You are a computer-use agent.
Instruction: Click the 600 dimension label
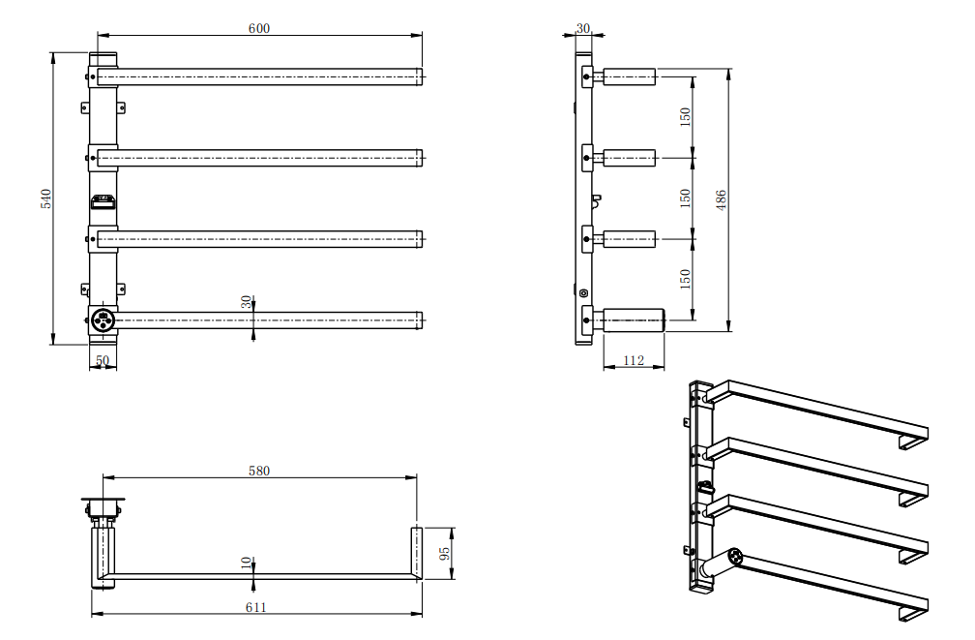click(258, 28)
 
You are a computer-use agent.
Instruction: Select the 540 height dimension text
click(44, 198)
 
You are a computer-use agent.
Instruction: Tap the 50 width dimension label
click(103, 360)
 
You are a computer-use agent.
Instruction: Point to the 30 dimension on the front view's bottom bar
click(246, 303)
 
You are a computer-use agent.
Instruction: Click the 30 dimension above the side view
click(582, 28)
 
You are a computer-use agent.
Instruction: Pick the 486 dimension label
click(721, 198)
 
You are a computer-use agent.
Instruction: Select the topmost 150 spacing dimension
click(685, 117)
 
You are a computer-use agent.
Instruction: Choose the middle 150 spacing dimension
click(685, 198)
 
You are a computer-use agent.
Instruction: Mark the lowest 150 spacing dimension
click(685, 279)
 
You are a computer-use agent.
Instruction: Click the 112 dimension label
click(634, 360)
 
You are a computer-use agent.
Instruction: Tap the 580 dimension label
click(258, 471)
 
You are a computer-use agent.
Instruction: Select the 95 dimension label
click(445, 554)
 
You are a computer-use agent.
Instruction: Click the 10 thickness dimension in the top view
click(246, 563)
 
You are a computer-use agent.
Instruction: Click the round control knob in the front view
click(103, 319)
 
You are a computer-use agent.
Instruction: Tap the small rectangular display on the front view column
click(103, 201)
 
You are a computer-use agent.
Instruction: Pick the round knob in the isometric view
click(735, 558)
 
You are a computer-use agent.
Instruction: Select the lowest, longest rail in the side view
click(633, 319)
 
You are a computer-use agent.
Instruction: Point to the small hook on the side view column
click(596, 201)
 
